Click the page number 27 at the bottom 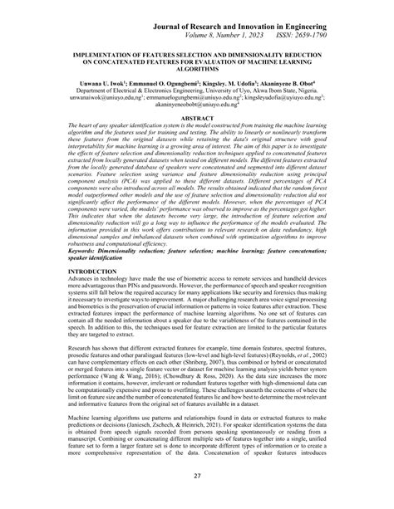pos(197,497)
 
